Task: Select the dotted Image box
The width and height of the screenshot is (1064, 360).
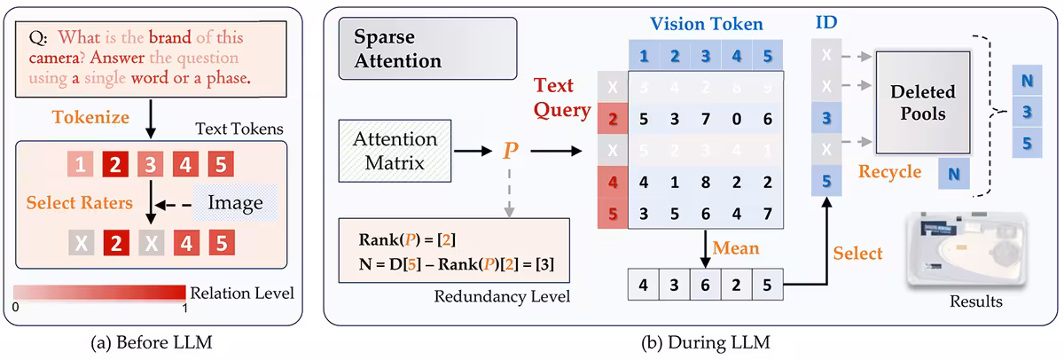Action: click(235, 203)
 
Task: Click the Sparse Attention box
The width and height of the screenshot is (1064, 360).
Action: click(412, 51)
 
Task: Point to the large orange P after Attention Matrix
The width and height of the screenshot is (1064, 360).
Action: click(510, 151)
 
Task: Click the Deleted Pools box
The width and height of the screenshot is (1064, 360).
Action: click(924, 102)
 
